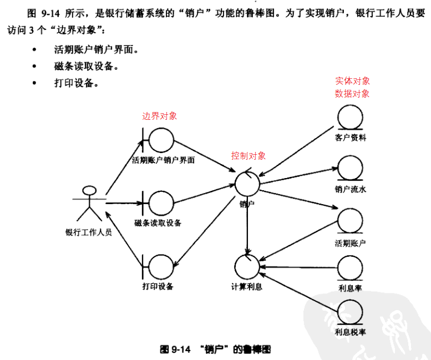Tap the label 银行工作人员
pyautogui.click(x=89, y=232)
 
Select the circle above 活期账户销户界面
pyautogui.click(x=163, y=139)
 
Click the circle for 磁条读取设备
pyautogui.click(x=161, y=204)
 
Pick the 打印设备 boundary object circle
pyautogui.click(x=161, y=266)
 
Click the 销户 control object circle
pyautogui.click(x=247, y=184)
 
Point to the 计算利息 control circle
pyautogui.click(x=247, y=266)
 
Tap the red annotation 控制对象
pyautogui.click(x=248, y=156)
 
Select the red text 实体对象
pyautogui.click(x=352, y=81)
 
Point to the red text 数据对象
pyautogui.click(x=352, y=94)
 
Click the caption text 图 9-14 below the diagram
pyautogui.click(x=176, y=349)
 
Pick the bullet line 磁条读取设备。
pyautogui.click(x=86, y=67)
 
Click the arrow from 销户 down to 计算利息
pyautogui.click(x=247, y=227)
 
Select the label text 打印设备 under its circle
pyautogui.click(x=158, y=287)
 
